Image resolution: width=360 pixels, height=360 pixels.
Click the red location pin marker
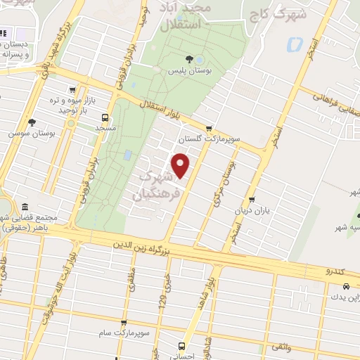[181, 165]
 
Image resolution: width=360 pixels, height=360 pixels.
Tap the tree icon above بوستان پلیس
[188, 60]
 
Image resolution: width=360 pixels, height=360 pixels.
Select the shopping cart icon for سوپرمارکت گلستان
[209, 127]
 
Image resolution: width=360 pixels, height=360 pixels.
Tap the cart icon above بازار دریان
[252, 199]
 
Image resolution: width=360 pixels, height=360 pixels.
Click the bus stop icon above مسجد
[105, 117]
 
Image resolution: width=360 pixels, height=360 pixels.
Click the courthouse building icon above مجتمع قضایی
[26, 208]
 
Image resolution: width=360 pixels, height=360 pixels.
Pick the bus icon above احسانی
[181, 346]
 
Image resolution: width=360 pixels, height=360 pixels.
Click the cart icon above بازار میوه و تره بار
[72, 90]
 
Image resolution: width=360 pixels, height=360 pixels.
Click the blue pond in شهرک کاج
[293, 44]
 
